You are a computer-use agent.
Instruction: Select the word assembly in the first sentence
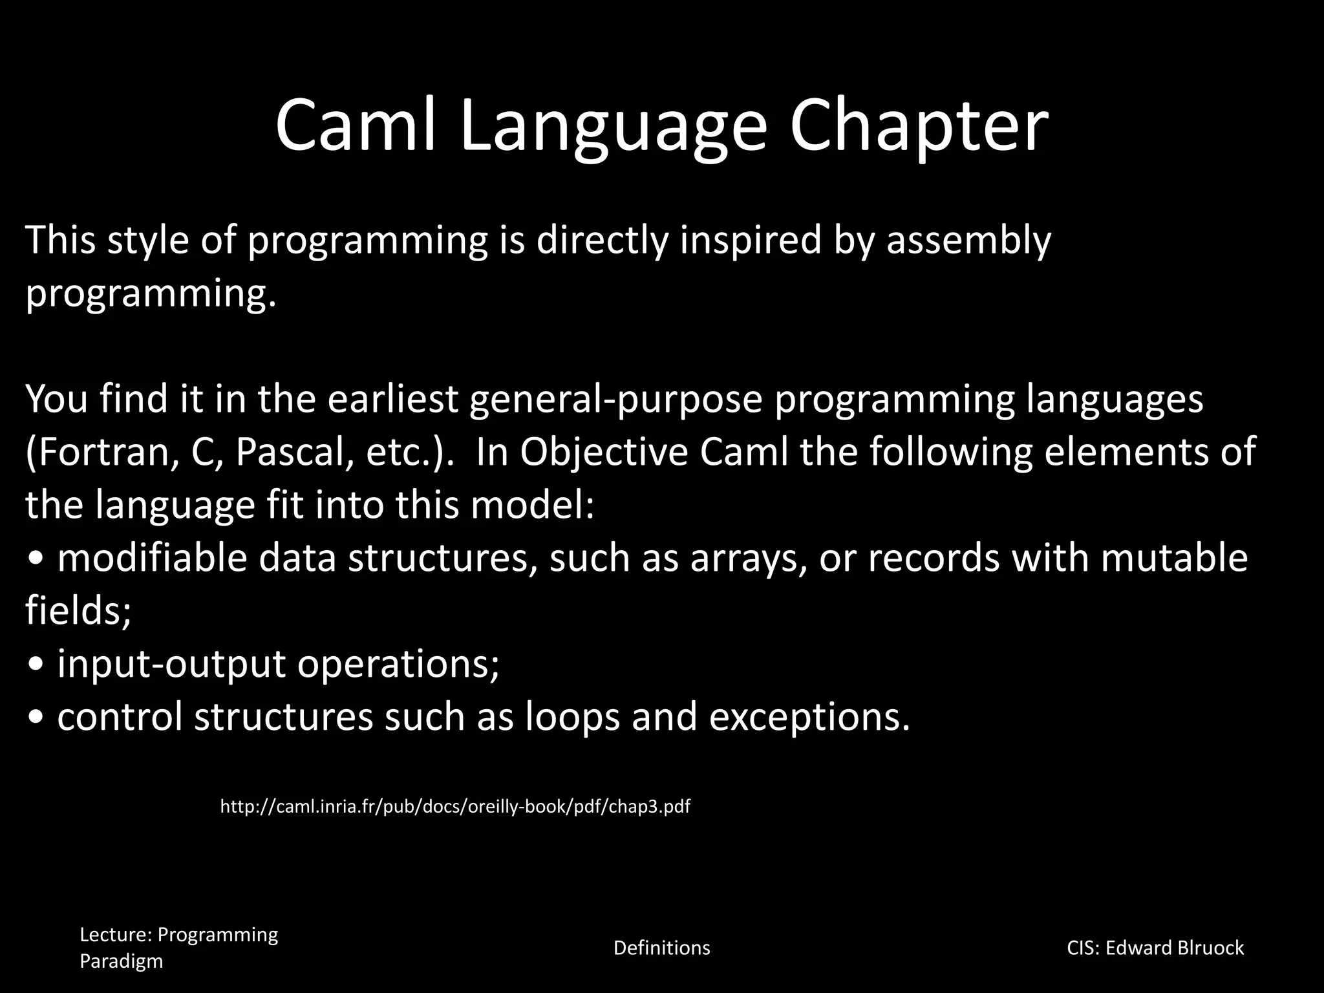point(968,240)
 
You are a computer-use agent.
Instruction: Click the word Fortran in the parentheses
point(102,452)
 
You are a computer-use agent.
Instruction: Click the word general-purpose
point(615,399)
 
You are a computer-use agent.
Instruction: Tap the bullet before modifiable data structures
point(37,559)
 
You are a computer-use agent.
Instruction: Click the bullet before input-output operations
point(37,665)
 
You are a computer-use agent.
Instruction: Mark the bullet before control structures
point(37,718)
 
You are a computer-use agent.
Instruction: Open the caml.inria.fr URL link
point(455,806)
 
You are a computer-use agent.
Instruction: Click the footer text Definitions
point(661,948)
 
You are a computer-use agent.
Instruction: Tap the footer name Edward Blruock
point(1174,948)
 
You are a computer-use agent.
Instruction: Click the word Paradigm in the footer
point(121,961)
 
